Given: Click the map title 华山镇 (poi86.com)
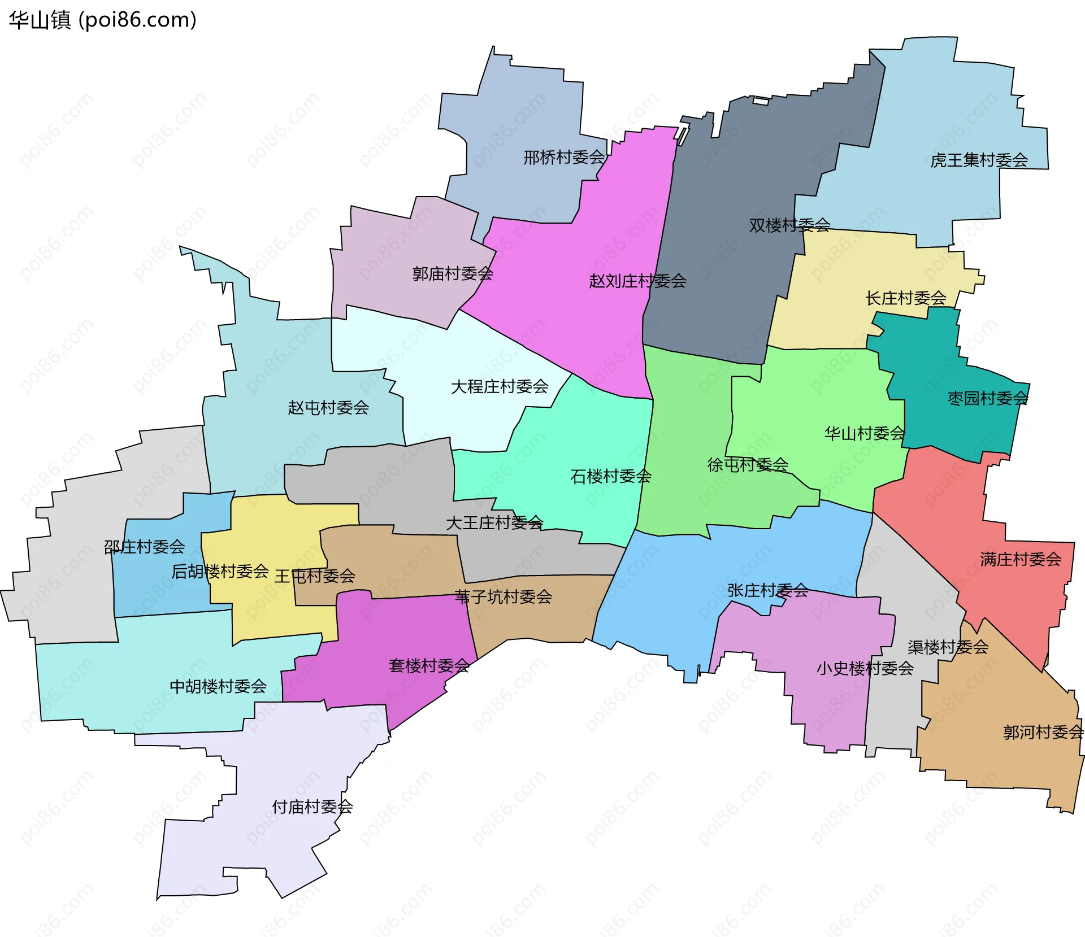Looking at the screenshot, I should pos(102,20).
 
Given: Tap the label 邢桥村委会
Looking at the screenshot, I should pos(564,157).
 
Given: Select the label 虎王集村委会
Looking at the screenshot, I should pos(979,160).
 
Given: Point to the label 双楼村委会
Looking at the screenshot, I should pos(789,225).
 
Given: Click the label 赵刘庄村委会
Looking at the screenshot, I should pos(637,281).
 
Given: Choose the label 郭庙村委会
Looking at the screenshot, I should pos(452,274).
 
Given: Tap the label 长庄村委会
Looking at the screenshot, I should pos(905,298).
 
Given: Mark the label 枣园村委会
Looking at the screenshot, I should pos(987,398).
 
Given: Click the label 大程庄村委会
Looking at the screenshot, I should pos(500,387).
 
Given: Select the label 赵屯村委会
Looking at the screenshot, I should pos(328,407).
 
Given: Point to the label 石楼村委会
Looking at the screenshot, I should pos(610,476).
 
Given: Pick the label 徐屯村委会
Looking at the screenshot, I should pos(748,465).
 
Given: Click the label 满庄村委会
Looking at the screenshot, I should pos(1020,559).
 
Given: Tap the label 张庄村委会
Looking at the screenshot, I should pos(767,590).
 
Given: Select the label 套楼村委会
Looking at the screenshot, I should pos(429,665).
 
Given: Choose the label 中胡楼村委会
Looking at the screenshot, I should pos(218,686).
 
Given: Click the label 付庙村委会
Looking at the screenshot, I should pos(312,807).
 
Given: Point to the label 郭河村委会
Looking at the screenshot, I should pos(1043,732).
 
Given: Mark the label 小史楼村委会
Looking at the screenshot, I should pos(865,668).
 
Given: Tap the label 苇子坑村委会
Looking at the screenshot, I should pos(503,596).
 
